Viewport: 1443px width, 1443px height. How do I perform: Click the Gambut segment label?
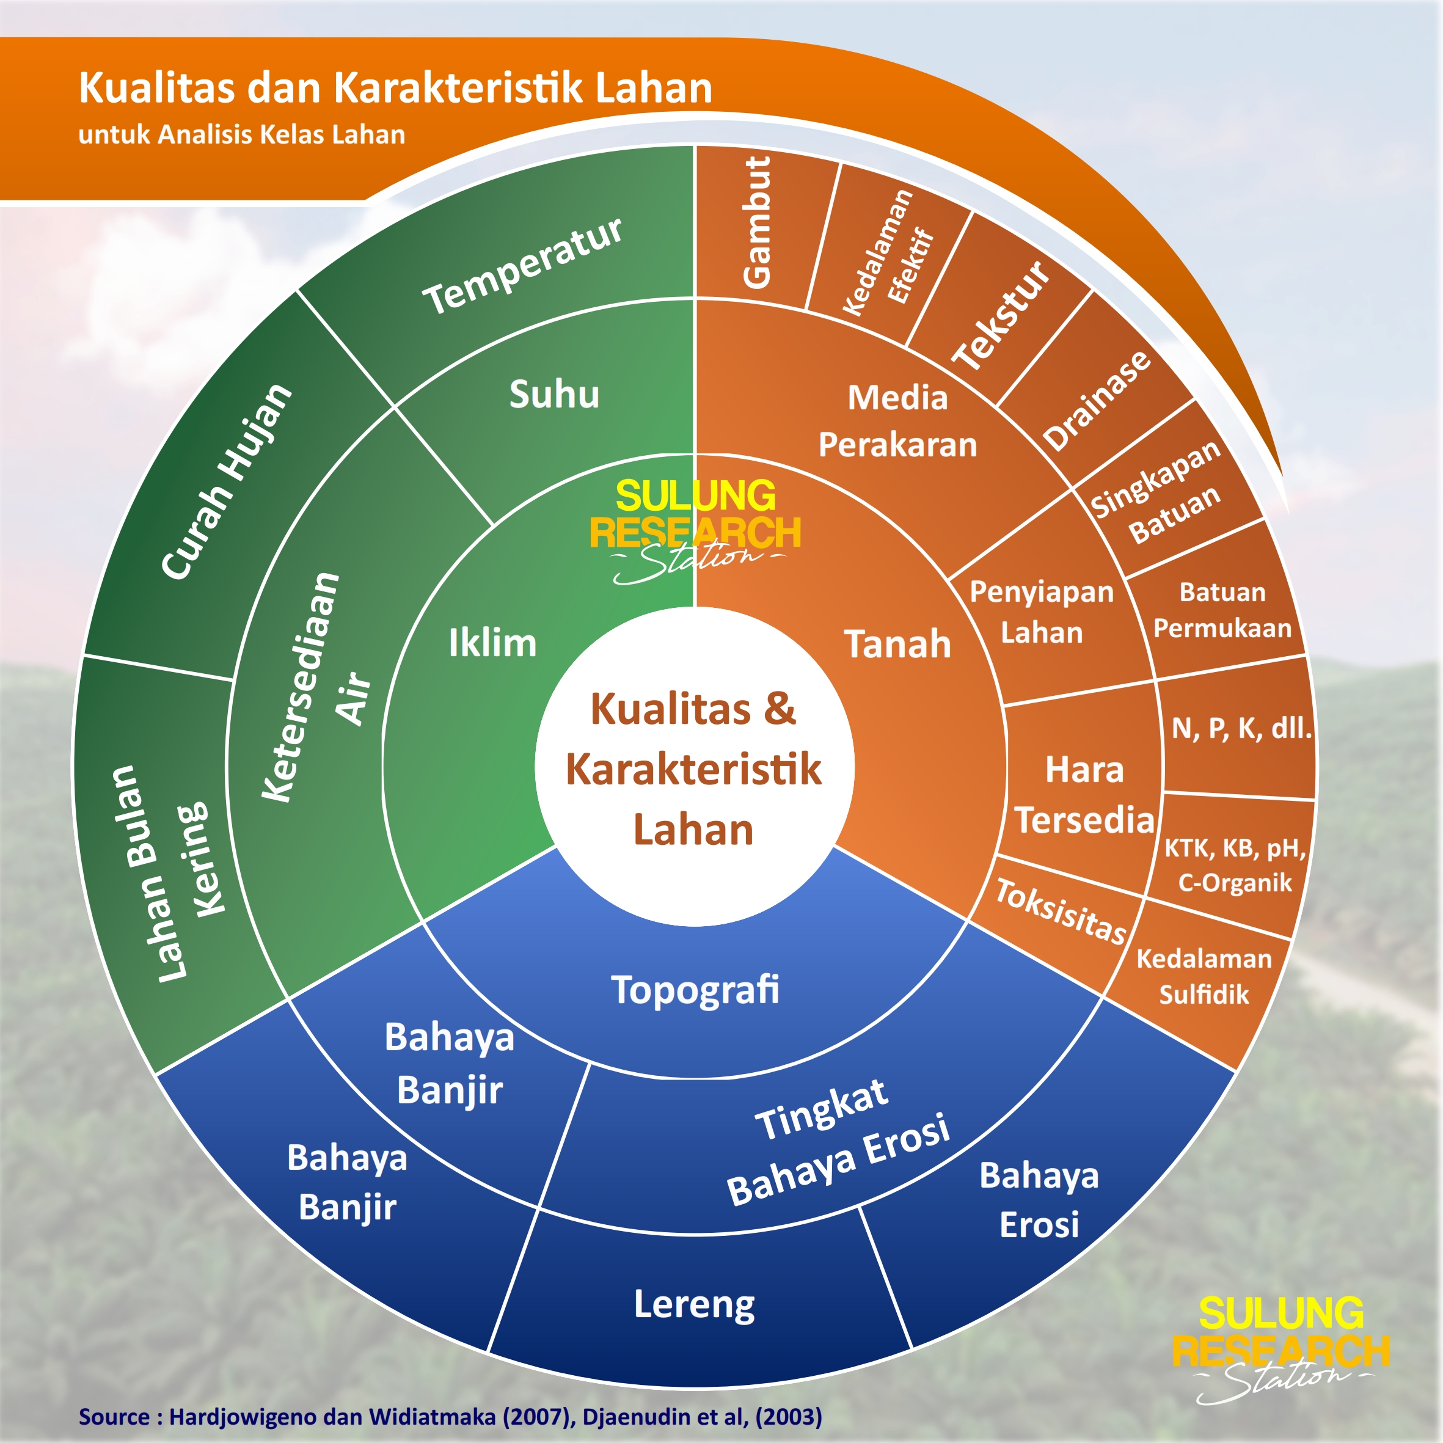[x=756, y=222]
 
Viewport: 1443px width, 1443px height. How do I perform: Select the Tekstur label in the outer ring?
[x=1001, y=315]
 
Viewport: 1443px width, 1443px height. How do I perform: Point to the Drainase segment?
[x=1096, y=400]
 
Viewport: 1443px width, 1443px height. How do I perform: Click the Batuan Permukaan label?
[x=1222, y=610]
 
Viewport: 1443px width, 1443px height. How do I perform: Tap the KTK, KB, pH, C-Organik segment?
[x=1235, y=865]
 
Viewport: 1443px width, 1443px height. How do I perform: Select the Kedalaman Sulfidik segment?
[x=1204, y=976]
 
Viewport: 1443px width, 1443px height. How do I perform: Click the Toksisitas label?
[x=1061, y=911]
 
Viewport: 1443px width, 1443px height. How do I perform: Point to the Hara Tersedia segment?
[x=1084, y=795]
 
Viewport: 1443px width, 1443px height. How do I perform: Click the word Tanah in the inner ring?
[x=897, y=644]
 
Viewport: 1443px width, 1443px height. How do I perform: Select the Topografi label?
[x=695, y=990]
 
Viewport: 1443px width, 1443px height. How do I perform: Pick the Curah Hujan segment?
[x=227, y=482]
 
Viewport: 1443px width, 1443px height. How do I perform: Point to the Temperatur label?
[x=522, y=266]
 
